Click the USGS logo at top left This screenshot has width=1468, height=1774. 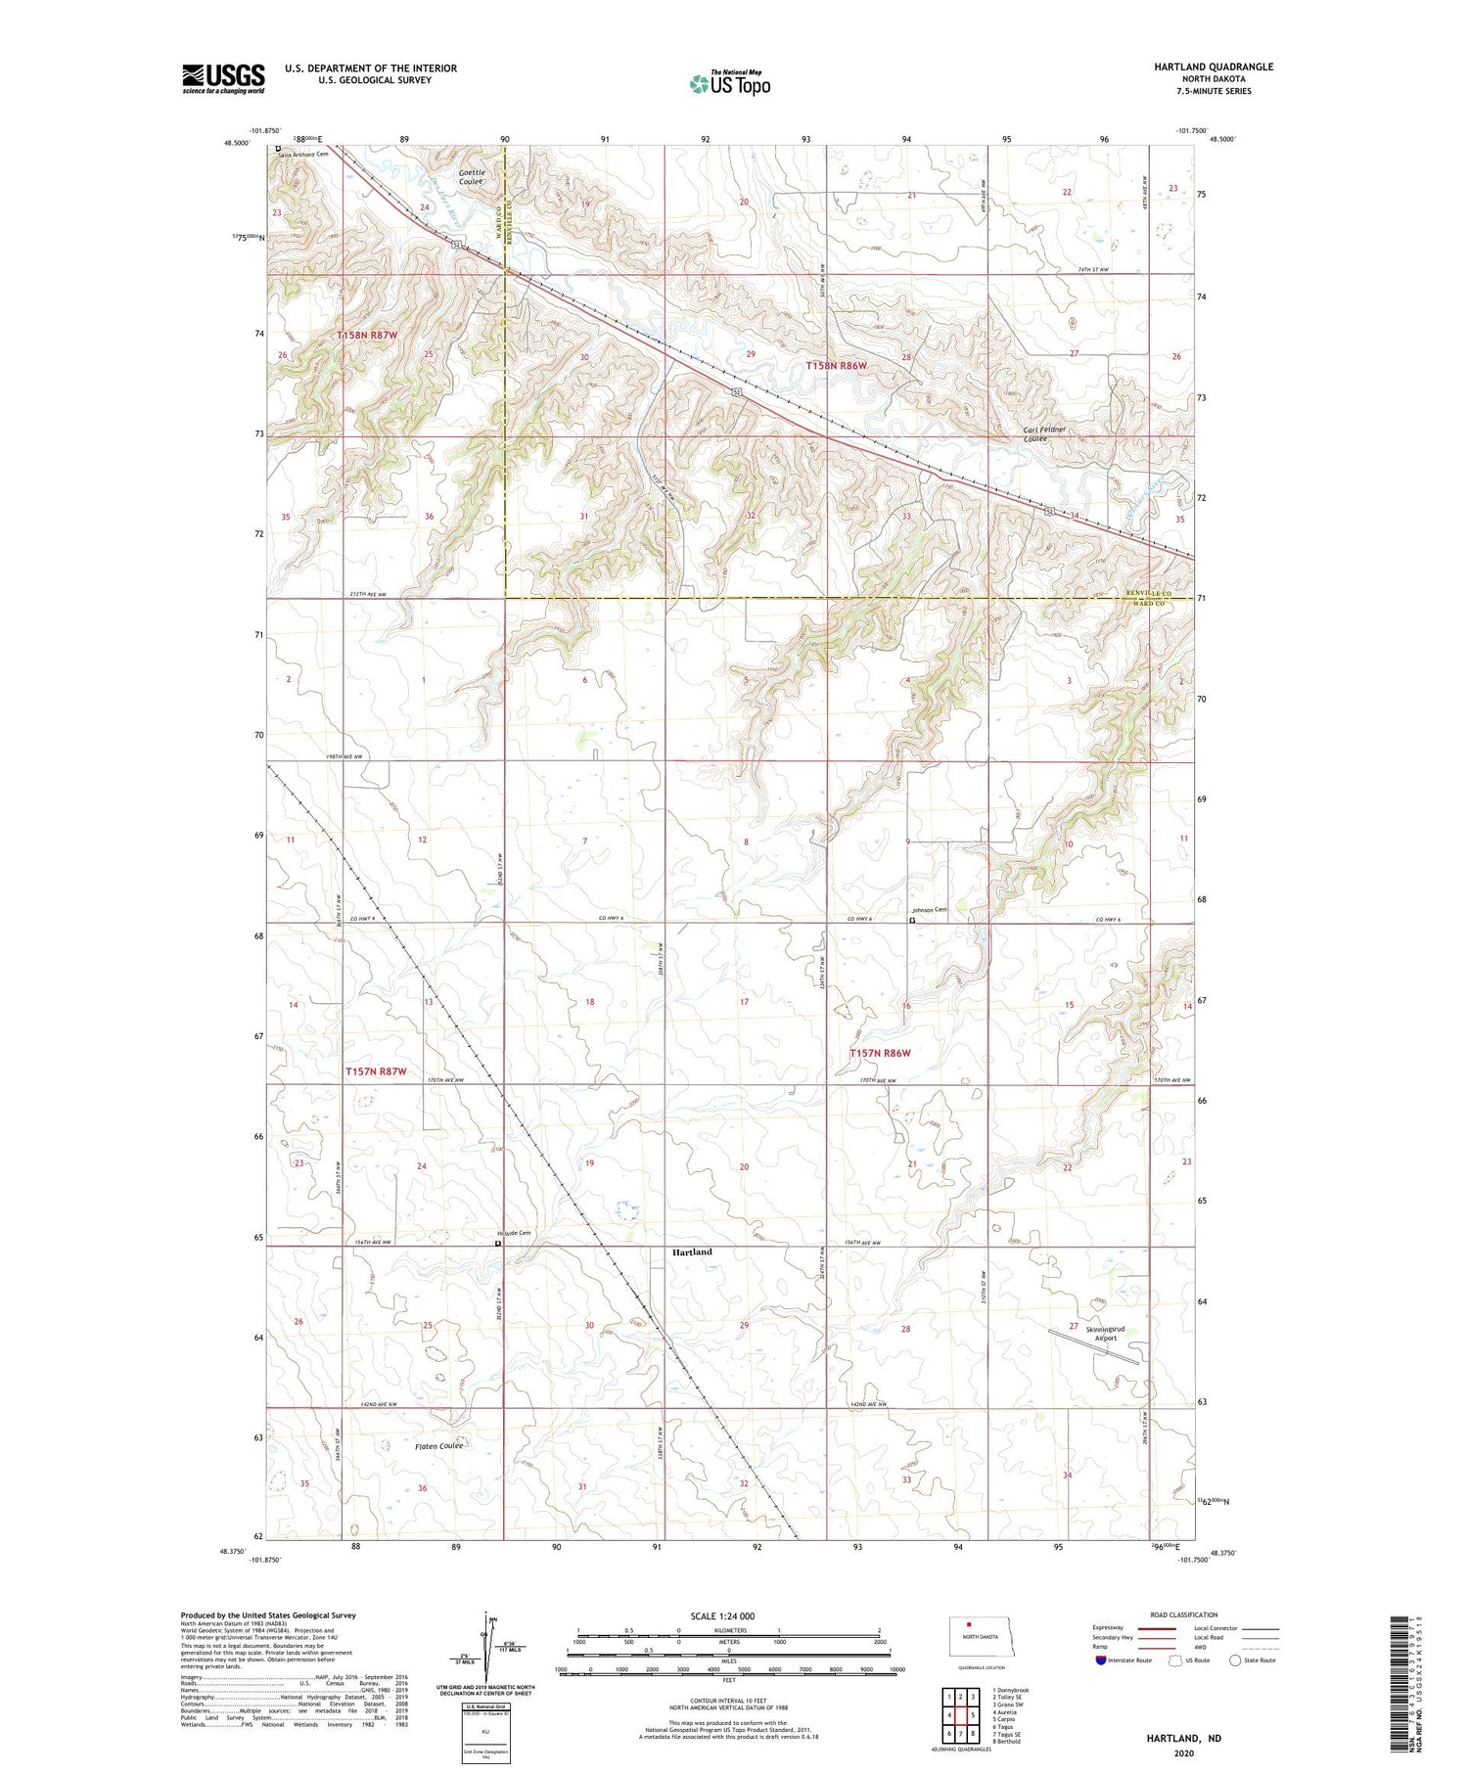[223, 78]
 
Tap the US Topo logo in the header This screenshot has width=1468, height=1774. [730, 83]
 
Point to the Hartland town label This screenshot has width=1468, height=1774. [692, 1251]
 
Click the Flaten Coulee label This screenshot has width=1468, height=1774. [438, 1446]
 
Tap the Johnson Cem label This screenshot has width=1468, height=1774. [930, 910]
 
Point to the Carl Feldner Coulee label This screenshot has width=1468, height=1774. [1044, 434]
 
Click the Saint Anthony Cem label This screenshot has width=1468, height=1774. [302, 154]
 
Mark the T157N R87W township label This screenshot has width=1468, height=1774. [375, 1071]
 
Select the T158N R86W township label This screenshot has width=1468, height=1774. [837, 365]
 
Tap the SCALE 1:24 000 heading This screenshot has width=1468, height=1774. [722, 1615]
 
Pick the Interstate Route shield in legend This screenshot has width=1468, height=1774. [1101, 1660]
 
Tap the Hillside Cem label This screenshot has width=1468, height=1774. [515, 1233]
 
